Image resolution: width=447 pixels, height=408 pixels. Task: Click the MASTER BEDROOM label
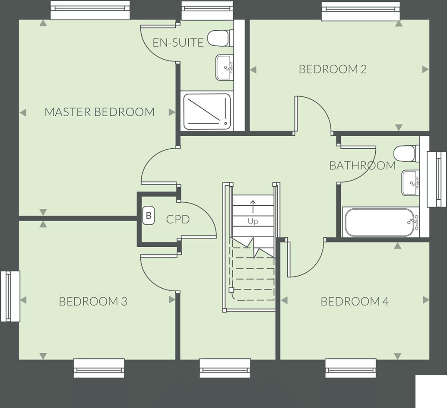pos(99,112)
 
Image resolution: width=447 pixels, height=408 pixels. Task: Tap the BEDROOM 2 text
pos(333,69)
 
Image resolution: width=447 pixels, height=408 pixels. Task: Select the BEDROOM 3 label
pos(93,301)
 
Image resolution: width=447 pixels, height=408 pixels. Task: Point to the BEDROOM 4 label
pos(355,301)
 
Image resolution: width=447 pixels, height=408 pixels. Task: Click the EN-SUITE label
pos(178,42)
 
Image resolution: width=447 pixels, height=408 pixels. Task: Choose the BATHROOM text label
pos(362,166)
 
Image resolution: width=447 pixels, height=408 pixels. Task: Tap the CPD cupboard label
pos(178,220)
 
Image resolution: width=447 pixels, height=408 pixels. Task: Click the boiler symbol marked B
pos(149,215)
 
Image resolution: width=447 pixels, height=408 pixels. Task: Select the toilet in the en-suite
pos(220,38)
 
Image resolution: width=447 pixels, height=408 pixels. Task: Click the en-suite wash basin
pos(225,67)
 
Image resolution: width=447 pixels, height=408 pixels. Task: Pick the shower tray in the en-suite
pos(207,111)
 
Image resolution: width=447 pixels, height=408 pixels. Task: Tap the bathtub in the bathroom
pos(380,223)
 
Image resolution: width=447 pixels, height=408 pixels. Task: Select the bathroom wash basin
pos(410,183)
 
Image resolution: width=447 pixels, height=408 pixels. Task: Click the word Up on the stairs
pos(253,222)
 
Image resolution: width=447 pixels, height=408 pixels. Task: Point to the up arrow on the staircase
pos(253,206)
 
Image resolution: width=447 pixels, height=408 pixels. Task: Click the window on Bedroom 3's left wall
pos(10,296)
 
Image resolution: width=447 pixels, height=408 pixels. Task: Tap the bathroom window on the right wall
pos(436,179)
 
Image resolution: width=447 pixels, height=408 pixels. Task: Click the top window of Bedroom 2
pos(360,10)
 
